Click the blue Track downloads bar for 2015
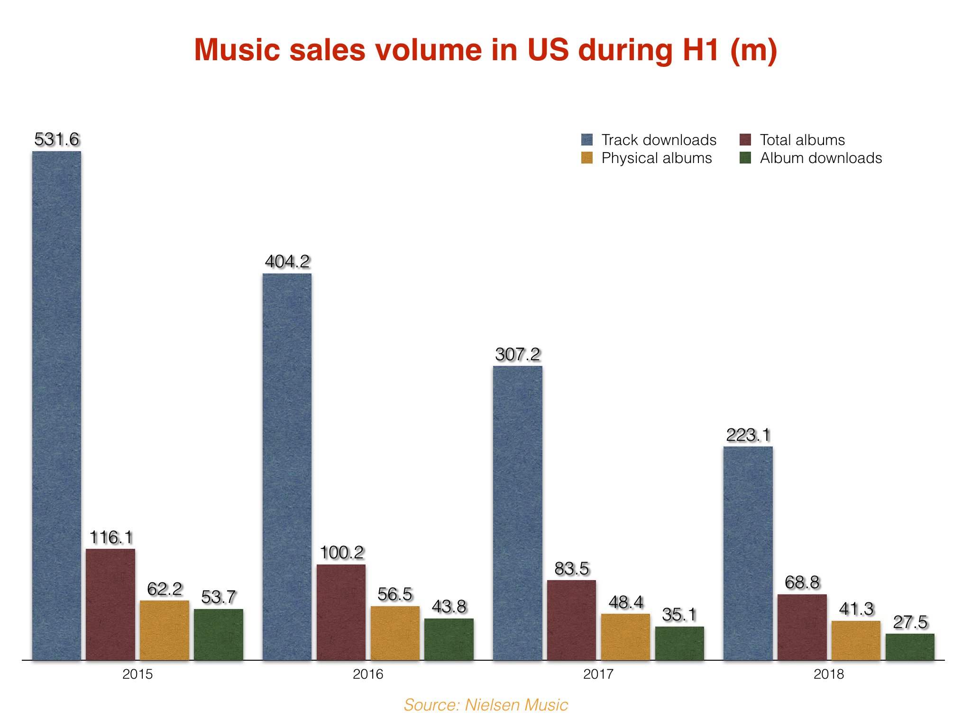click(56, 405)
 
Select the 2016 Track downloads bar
click(287, 467)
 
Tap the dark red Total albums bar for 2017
click(571, 620)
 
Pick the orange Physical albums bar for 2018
click(856, 640)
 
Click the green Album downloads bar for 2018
click(910, 646)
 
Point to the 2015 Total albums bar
click(110, 604)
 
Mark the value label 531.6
click(57, 139)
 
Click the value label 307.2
click(518, 355)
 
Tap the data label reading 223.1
click(748, 435)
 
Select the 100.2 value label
click(341, 553)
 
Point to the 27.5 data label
click(910, 622)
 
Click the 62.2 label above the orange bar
click(165, 589)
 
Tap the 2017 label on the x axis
click(598, 674)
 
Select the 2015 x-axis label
click(137, 674)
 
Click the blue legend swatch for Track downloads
click(587, 140)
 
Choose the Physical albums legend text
click(657, 158)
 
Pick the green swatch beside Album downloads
click(745, 158)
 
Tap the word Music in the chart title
click(238, 50)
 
